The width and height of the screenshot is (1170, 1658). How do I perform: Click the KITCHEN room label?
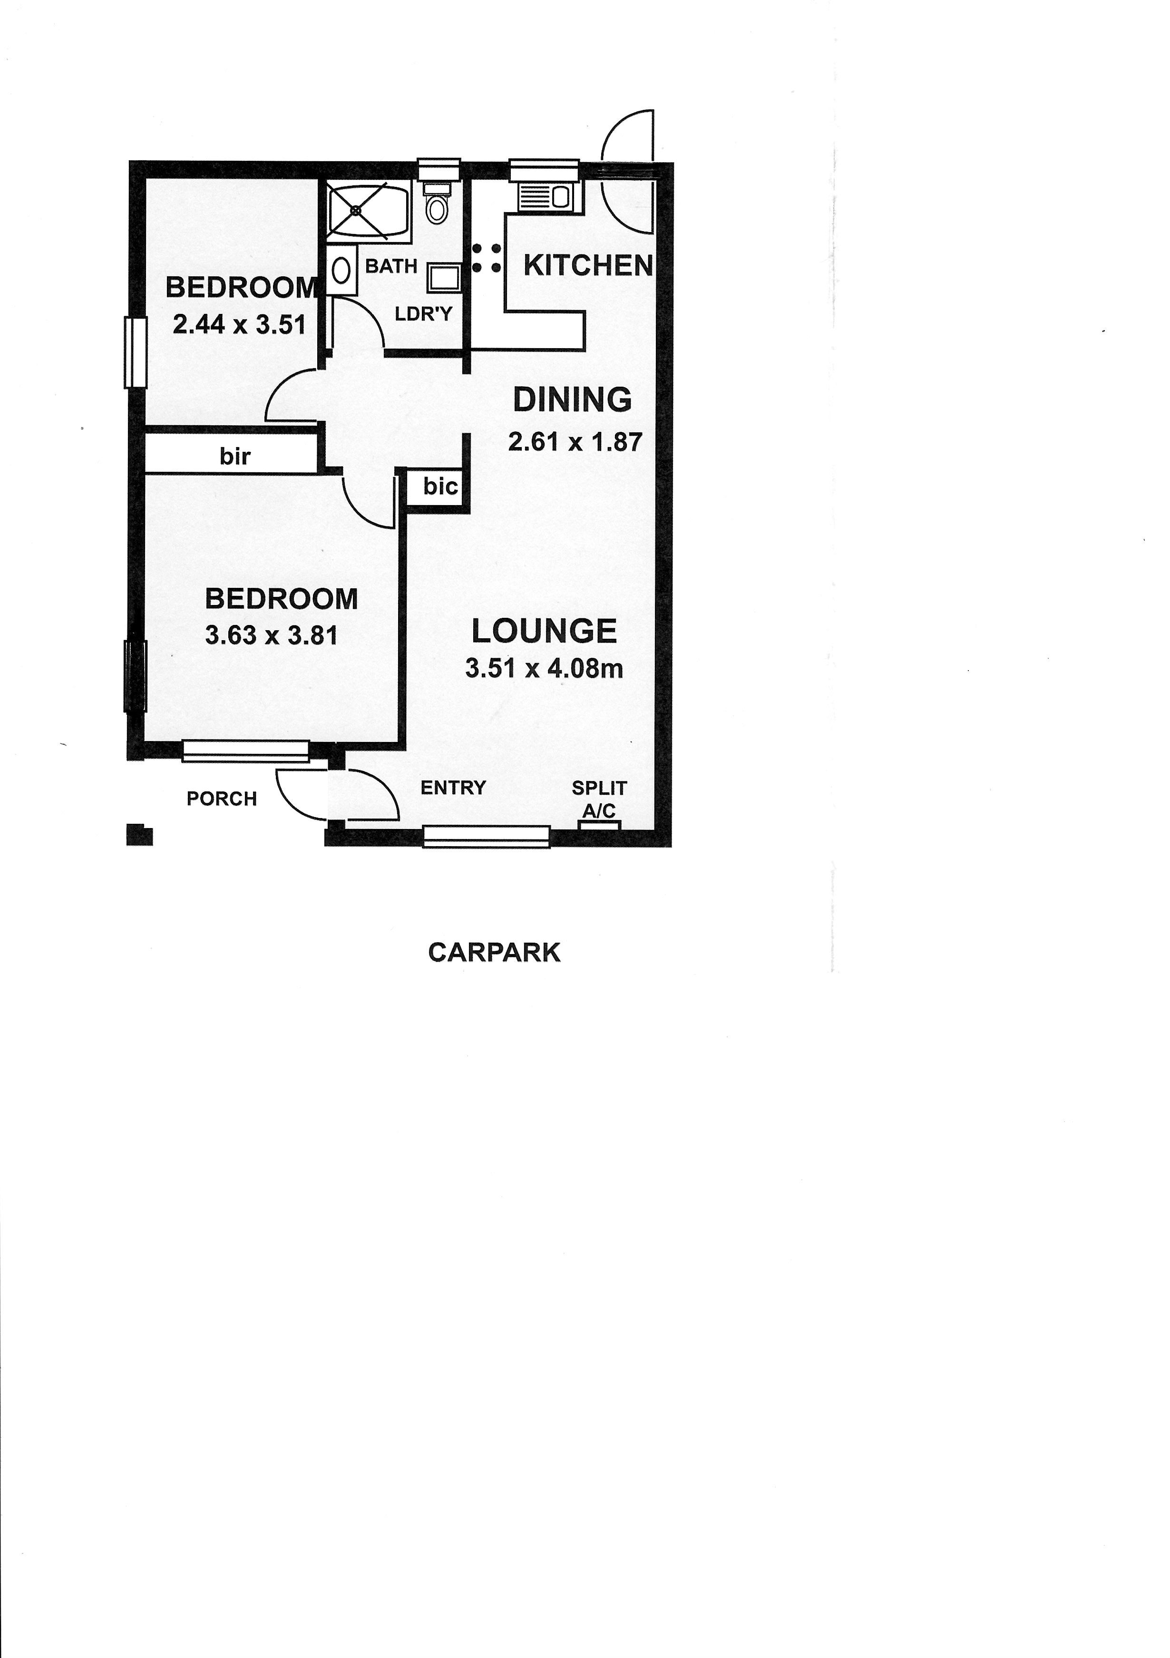[588, 266]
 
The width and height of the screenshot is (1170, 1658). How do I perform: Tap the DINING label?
[572, 400]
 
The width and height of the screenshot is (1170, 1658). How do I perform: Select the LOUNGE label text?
[544, 631]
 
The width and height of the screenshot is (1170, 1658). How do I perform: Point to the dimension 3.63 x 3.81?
[272, 635]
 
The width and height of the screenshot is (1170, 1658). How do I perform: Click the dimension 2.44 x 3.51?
[239, 324]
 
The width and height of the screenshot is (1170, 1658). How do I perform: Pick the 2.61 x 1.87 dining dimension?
[575, 441]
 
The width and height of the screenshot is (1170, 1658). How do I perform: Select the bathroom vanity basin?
[341, 271]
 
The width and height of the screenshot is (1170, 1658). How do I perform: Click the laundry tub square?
[441, 278]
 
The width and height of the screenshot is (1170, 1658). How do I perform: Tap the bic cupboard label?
[440, 486]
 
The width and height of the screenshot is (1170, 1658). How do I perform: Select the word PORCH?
[222, 799]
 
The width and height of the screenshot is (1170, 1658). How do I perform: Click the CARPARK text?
[494, 953]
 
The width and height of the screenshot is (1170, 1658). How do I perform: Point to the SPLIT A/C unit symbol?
[599, 825]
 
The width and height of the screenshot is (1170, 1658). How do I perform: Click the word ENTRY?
[454, 787]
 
